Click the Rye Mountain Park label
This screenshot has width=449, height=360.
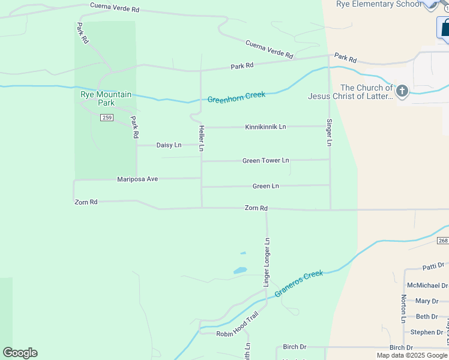click(106, 98)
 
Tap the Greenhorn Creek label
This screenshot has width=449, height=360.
click(236, 97)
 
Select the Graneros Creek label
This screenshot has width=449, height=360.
click(299, 283)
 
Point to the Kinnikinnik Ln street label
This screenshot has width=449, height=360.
click(265, 127)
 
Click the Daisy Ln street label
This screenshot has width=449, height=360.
click(169, 145)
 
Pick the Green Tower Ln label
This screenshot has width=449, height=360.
click(265, 161)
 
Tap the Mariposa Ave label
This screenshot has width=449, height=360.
click(137, 179)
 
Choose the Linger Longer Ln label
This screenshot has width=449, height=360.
click(267, 262)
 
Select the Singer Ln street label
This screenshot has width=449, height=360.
click(329, 133)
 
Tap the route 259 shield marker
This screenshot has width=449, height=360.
click(106, 117)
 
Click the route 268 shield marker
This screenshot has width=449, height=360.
click(443, 241)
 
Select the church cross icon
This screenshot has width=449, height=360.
click(402, 91)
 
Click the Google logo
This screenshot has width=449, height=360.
click(20, 353)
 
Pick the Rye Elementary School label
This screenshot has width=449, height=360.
click(379, 4)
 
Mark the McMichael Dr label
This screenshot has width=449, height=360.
click(427, 286)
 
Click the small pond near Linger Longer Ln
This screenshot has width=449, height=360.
click(240, 271)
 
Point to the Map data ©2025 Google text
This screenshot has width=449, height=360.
click(411, 355)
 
